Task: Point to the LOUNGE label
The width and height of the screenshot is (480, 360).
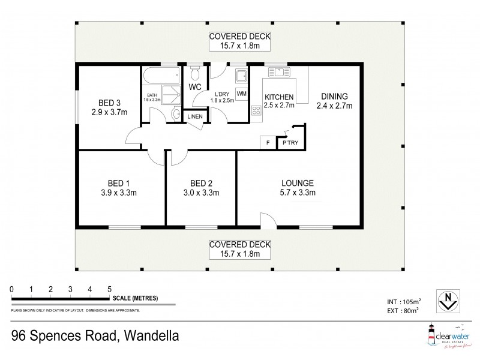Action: point(298,183)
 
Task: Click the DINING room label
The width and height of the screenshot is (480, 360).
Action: point(334,96)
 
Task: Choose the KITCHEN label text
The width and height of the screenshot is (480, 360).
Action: point(278,97)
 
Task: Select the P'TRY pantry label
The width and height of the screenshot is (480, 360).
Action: point(291,143)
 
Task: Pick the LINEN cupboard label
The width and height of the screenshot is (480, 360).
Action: point(194,116)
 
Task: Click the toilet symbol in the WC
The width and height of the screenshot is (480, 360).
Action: point(194,73)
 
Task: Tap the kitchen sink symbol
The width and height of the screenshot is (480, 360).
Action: point(278,73)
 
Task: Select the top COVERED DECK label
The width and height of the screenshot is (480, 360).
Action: point(239,36)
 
